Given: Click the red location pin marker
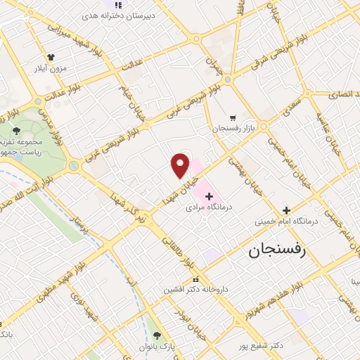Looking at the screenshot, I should coord(181,165).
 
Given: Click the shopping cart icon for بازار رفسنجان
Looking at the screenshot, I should coord(233,117).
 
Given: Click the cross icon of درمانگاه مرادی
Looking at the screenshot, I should coord(209,195).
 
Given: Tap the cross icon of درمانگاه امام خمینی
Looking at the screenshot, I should coord(285,210).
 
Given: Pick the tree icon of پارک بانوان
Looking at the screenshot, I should coord(156,335).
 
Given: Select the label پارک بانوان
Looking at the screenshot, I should coord(156,347).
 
